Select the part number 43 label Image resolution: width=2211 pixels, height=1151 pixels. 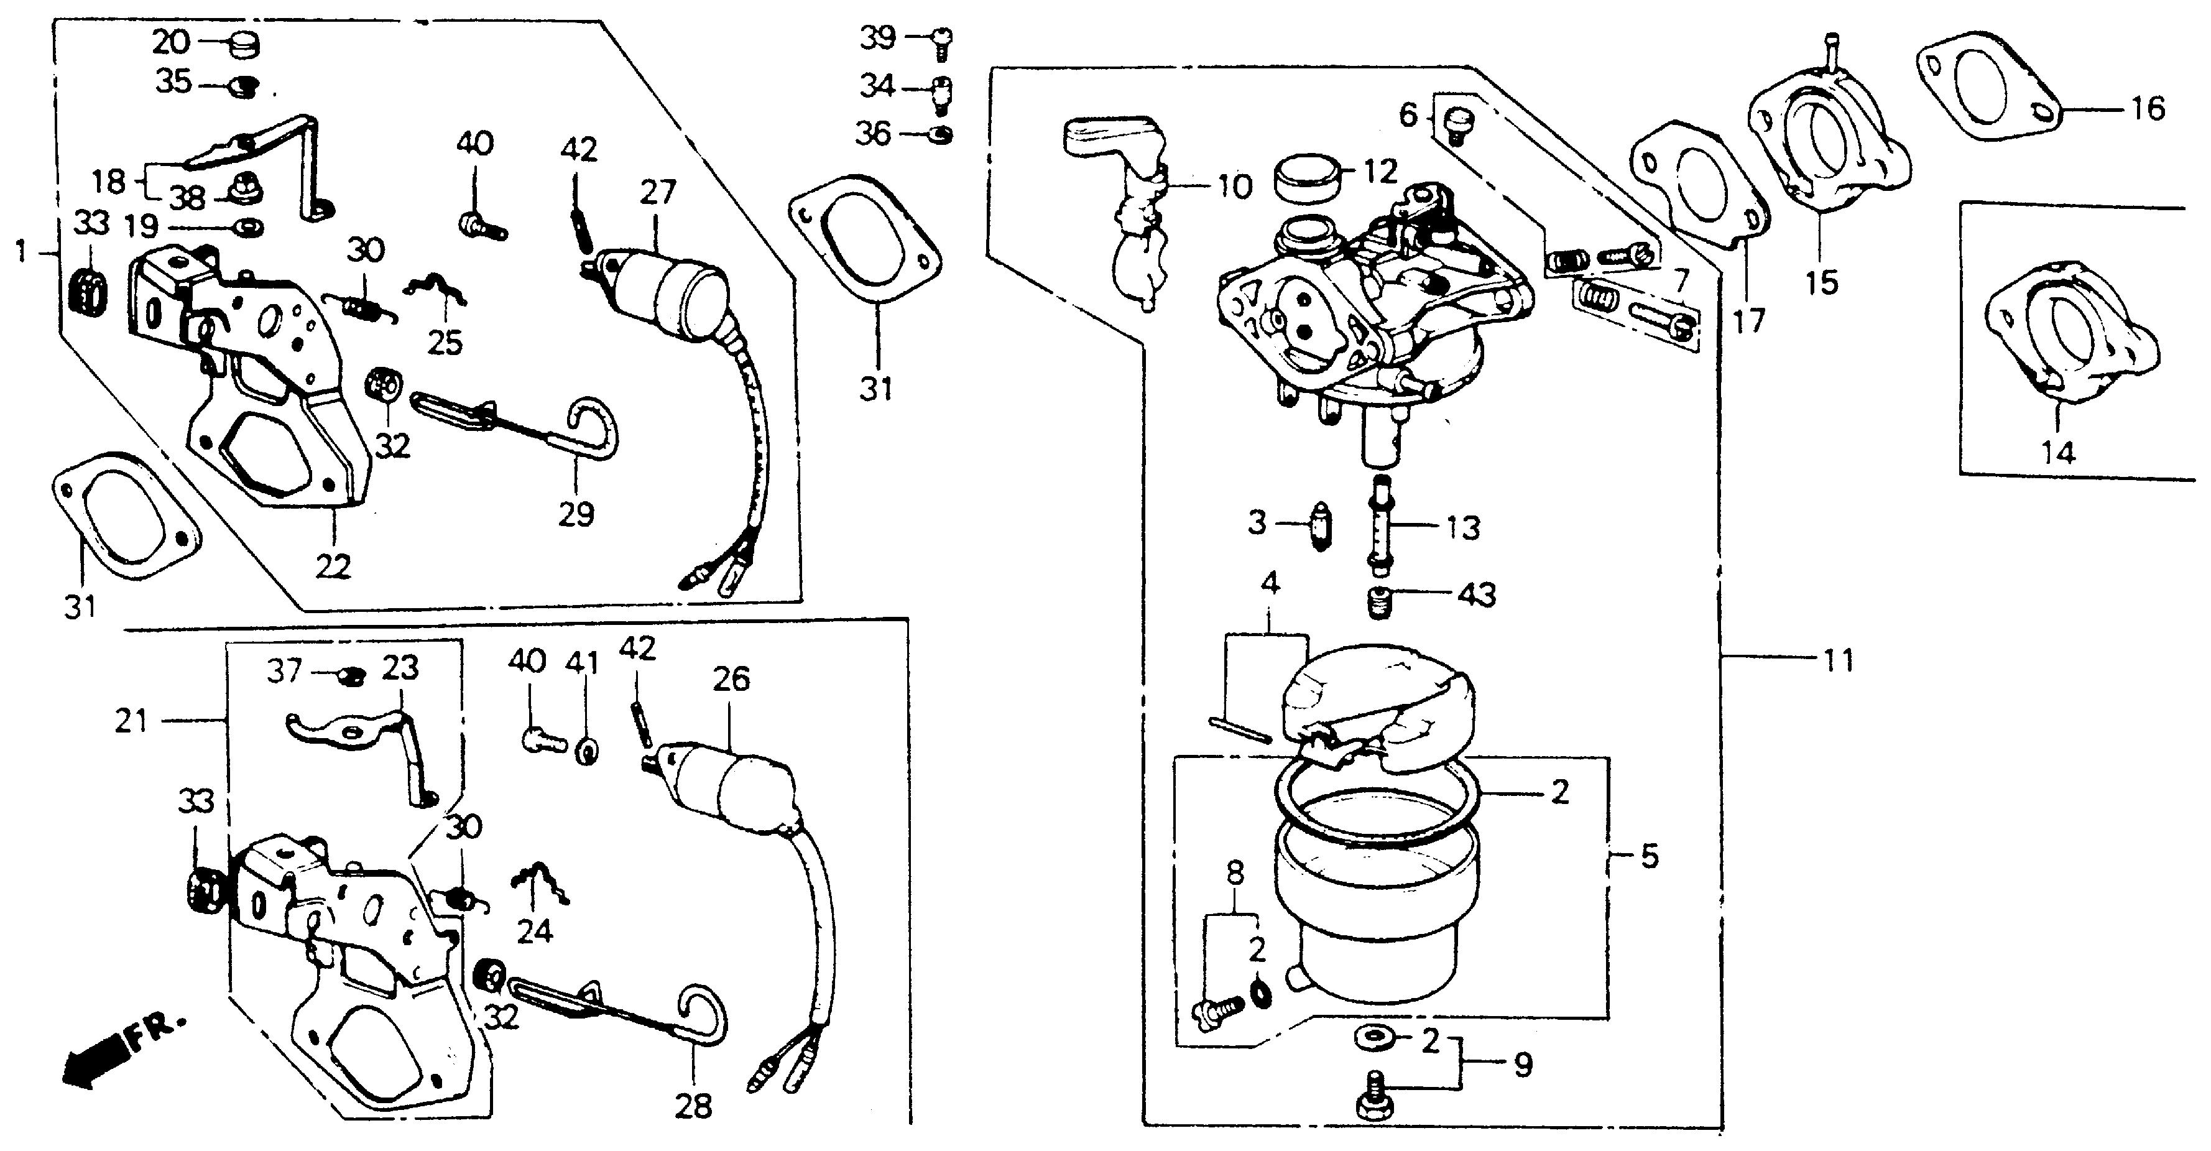coord(1476,594)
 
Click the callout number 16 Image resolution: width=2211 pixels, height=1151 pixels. coord(2148,109)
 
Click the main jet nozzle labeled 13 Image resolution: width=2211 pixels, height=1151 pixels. coord(1381,524)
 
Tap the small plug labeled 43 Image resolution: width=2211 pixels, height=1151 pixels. coord(1378,603)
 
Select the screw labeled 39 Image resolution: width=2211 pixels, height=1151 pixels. coord(941,40)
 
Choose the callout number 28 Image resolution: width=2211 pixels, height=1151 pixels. coord(693,1106)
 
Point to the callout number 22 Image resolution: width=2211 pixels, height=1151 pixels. coord(333,566)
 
